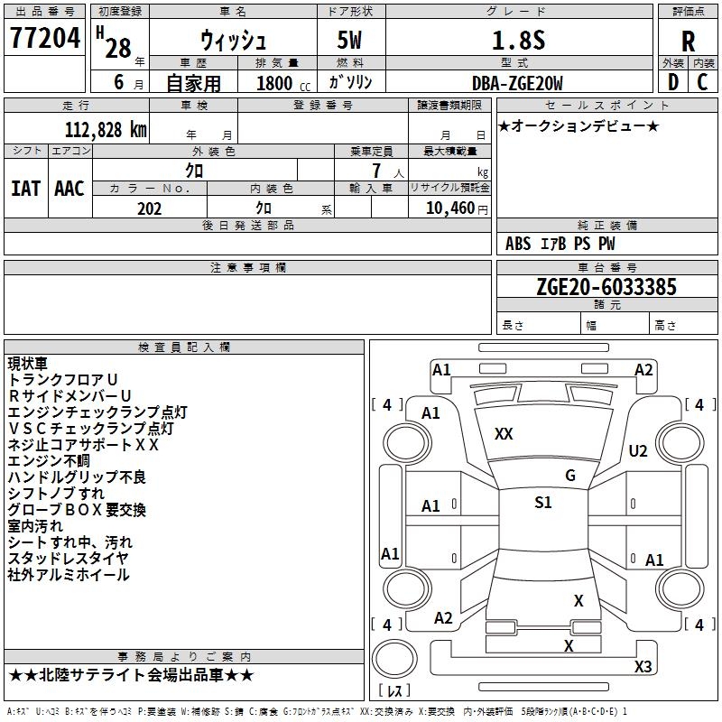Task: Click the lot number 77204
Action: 44,38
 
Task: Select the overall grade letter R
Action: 688,42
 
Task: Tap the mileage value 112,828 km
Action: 106,129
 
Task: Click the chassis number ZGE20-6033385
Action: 606,286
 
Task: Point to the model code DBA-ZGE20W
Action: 517,83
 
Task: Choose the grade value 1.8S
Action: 518,40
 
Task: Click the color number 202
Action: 149,208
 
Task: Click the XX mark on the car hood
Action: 504,434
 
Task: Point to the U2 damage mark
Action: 638,450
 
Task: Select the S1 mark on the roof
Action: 543,503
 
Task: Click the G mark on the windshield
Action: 570,476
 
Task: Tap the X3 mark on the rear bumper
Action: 643,666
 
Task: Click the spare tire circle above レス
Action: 394,659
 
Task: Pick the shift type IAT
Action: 25,189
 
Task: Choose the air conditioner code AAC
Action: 69,189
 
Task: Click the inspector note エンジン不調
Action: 49,460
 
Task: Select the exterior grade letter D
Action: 673,82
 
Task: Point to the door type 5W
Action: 349,40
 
